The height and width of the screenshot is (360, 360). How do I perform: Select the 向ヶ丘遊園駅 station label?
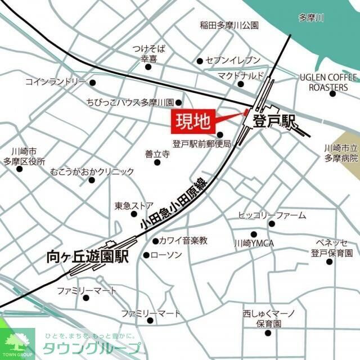point(87,256)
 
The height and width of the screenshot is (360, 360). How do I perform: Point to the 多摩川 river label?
point(312,19)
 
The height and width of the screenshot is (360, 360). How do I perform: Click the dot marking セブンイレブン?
point(199,61)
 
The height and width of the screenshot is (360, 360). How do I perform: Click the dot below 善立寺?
point(157,162)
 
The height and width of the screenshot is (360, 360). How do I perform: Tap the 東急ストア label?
point(134,205)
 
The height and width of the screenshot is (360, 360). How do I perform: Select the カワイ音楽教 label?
point(183,241)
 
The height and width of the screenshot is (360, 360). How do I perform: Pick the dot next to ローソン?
point(146,255)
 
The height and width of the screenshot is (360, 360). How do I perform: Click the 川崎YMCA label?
point(253,244)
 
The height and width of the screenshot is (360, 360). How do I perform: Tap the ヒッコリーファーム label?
point(272,215)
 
